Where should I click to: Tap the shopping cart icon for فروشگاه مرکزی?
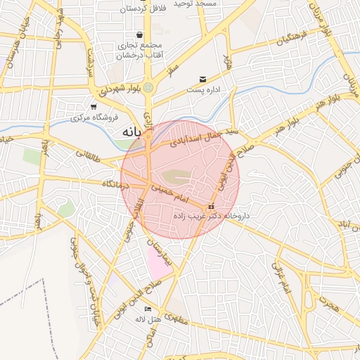[94, 106]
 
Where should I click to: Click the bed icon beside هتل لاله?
[148, 309]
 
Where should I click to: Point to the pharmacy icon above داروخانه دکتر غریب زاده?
[211, 206]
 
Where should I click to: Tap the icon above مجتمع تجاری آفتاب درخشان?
[139, 34]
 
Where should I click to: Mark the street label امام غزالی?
[281, 277]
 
